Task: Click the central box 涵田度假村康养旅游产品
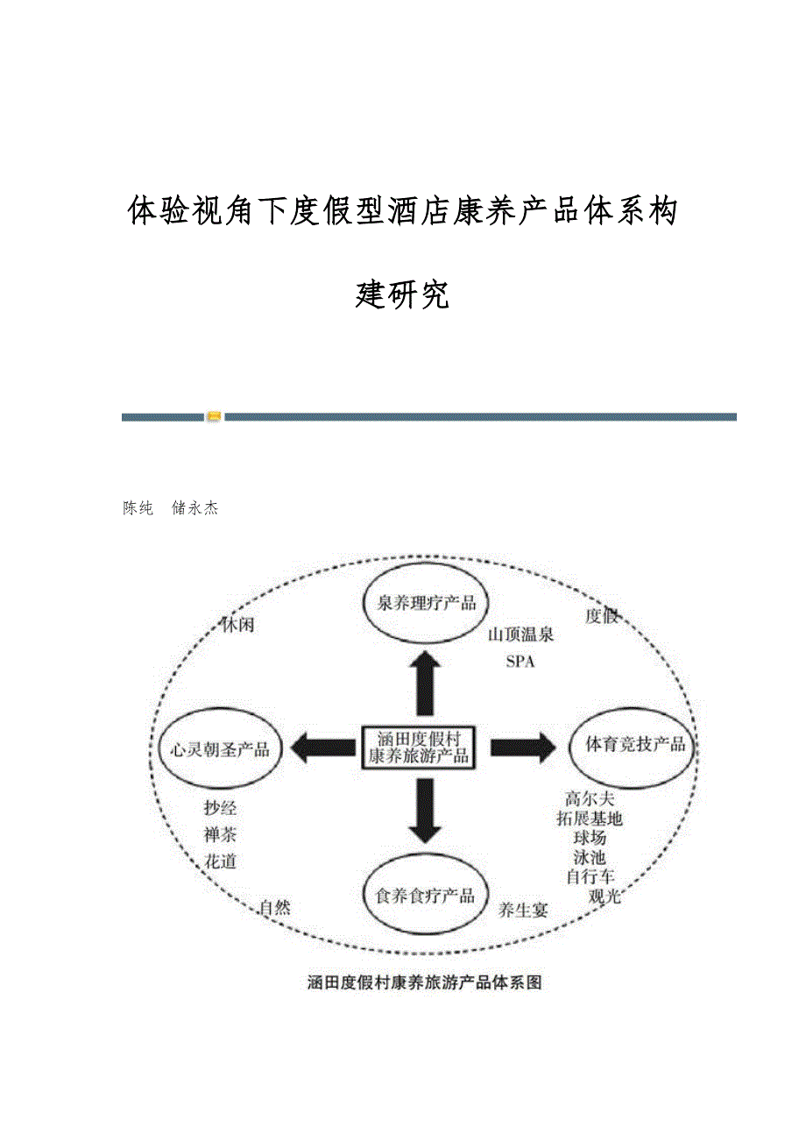(419, 747)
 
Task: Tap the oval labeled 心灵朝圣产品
(220, 749)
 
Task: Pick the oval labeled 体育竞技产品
(635, 745)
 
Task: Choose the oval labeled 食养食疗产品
(425, 896)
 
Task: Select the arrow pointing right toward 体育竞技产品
(522, 747)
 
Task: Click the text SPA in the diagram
(520, 662)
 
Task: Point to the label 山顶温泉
(521, 635)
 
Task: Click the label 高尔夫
(590, 798)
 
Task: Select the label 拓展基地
(590, 819)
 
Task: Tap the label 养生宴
(523, 910)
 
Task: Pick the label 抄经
(220, 808)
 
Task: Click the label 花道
(220, 861)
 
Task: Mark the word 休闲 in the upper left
(237, 626)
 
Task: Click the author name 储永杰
(195, 508)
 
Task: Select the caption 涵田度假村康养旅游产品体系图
(425, 982)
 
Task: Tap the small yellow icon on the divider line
(214, 417)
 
